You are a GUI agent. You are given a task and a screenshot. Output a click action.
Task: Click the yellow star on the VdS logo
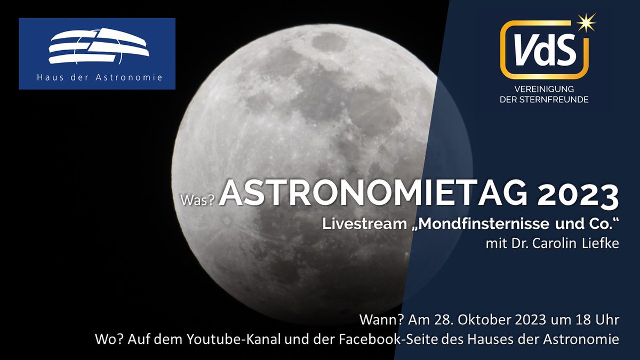[586, 23]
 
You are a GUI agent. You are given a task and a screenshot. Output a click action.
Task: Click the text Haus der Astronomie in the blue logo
[98, 78]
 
